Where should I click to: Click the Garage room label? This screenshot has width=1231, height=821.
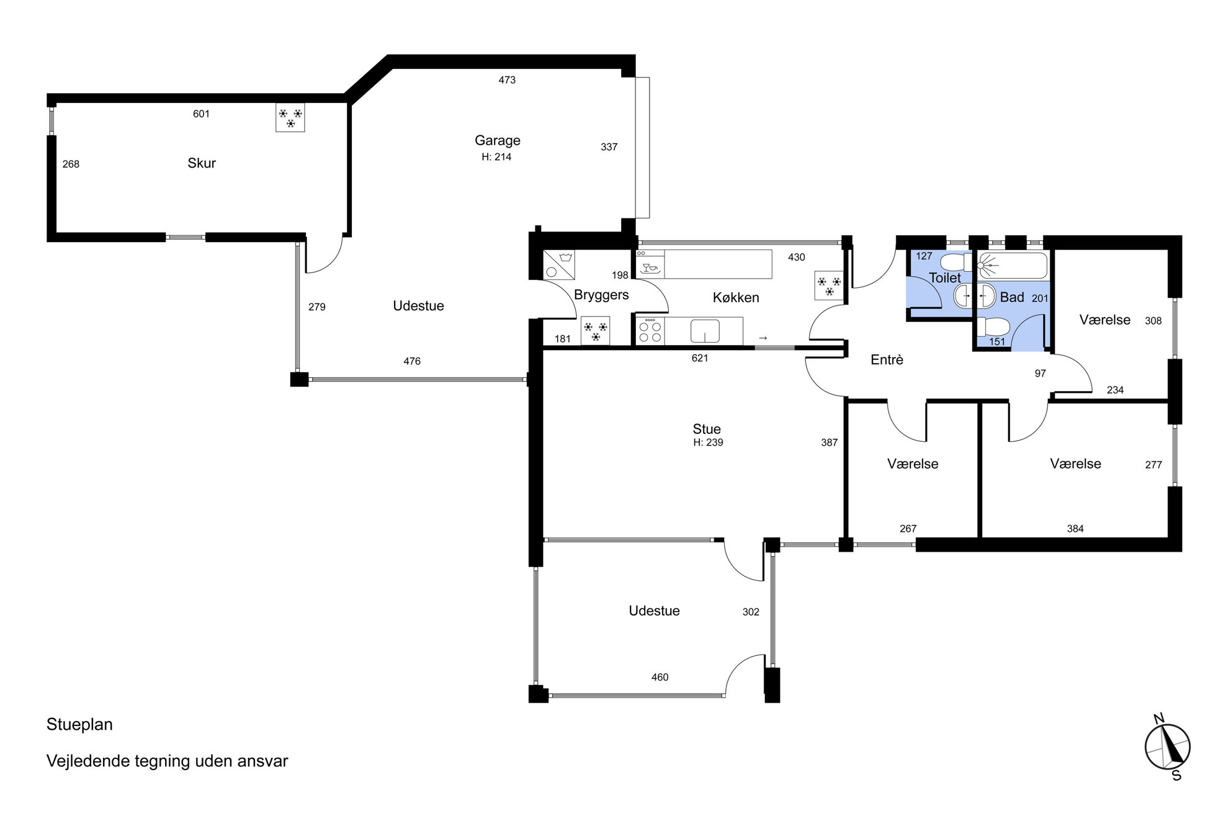pyautogui.click(x=497, y=141)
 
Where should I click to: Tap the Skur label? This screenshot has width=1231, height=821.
pyautogui.click(x=202, y=163)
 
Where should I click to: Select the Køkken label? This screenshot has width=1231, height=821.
pyautogui.click(x=736, y=298)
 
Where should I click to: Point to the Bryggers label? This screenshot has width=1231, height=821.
pyautogui.click(x=601, y=295)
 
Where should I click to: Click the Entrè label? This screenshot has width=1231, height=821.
pyautogui.click(x=887, y=360)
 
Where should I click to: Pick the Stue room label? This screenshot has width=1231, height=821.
pyautogui.click(x=707, y=429)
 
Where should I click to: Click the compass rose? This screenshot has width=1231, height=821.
pyautogui.click(x=1167, y=747)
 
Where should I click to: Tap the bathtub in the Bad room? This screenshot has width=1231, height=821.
pyautogui.click(x=1013, y=266)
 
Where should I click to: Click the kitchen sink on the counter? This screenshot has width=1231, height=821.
pyautogui.click(x=705, y=331)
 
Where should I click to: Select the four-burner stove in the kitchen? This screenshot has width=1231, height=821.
pyautogui.click(x=650, y=331)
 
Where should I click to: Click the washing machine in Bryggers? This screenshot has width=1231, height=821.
pyautogui.click(x=558, y=265)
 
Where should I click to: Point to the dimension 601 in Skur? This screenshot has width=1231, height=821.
pyautogui.click(x=201, y=114)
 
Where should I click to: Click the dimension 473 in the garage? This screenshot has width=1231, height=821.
pyautogui.click(x=507, y=80)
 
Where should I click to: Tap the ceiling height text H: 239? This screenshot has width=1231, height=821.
pyautogui.click(x=708, y=442)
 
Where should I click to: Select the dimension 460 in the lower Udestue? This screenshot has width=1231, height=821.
pyautogui.click(x=660, y=678)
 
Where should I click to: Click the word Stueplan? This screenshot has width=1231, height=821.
pyautogui.click(x=79, y=725)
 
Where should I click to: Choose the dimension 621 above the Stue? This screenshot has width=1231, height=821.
pyautogui.click(x=699, y=358)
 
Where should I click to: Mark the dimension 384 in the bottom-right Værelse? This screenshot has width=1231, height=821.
pyautogui.click(x=1075, y=529)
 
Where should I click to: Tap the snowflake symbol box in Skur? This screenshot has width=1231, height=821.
pyautogui.click(x=290, y=117)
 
